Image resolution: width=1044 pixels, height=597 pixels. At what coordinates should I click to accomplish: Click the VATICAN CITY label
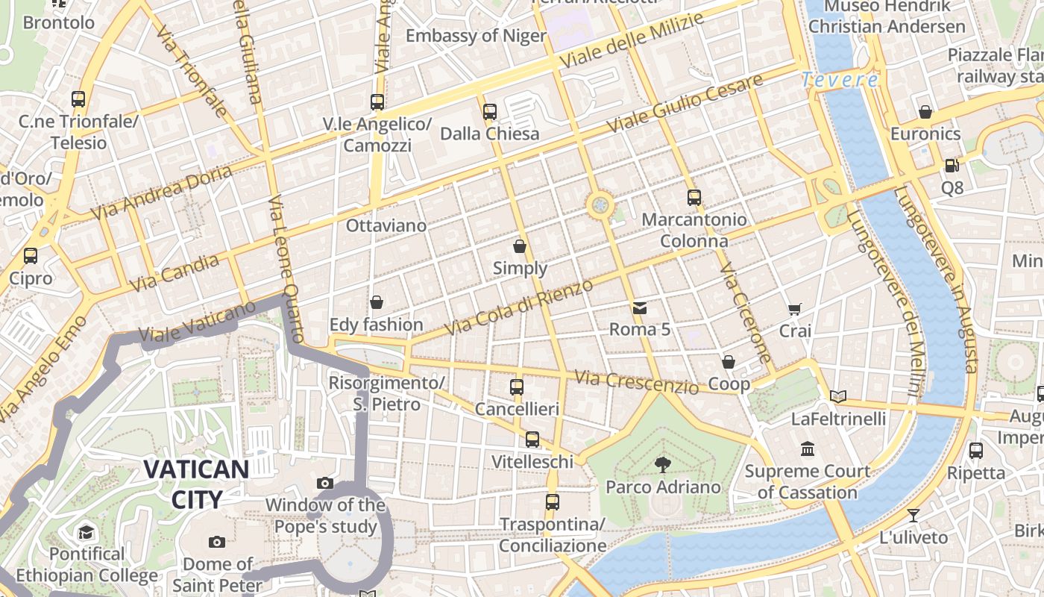(x=196, y=484)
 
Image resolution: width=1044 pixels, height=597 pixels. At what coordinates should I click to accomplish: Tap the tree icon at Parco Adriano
(x=661, y=466)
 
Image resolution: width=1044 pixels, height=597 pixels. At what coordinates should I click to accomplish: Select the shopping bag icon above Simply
(x=520, y=246)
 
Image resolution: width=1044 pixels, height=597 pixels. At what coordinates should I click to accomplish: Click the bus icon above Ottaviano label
(x=377, y=101)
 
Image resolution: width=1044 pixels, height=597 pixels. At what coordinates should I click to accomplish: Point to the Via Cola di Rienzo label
(x=519, y=307)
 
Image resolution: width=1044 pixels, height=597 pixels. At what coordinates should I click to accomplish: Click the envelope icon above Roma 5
(x=640, y=307)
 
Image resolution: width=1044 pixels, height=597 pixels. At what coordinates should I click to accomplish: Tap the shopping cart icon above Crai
(x=795, y=309)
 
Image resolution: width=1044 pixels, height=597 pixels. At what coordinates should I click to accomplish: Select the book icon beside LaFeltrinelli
(x=838, y=396)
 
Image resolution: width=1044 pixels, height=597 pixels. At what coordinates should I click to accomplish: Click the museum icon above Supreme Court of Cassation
(x=808, y=449)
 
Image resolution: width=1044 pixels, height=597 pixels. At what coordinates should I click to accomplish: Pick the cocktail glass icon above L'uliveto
(x=913, y=516)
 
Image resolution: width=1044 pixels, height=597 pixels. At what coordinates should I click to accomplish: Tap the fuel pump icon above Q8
(x=952, y=166)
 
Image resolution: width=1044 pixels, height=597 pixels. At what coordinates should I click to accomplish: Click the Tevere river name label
(x=840, y=79)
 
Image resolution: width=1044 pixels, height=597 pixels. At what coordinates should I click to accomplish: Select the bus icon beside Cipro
(x=31, y=256)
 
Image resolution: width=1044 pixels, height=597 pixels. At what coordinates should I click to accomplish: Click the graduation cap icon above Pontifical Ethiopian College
(x=87, y=532)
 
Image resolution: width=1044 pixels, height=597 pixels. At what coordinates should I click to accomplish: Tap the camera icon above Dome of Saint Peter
(x=217, y=542)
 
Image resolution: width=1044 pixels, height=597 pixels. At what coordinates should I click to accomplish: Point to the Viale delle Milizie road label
(x=633, y=40)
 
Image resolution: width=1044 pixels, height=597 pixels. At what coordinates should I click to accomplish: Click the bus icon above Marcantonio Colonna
(x=694, y=198)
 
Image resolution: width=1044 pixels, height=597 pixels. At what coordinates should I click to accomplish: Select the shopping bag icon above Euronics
(x=925, y=112)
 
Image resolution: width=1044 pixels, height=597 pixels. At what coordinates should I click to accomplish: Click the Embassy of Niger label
(x=476, y=35)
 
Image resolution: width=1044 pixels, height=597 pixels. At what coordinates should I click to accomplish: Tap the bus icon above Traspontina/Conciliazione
(x=552, y=502)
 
